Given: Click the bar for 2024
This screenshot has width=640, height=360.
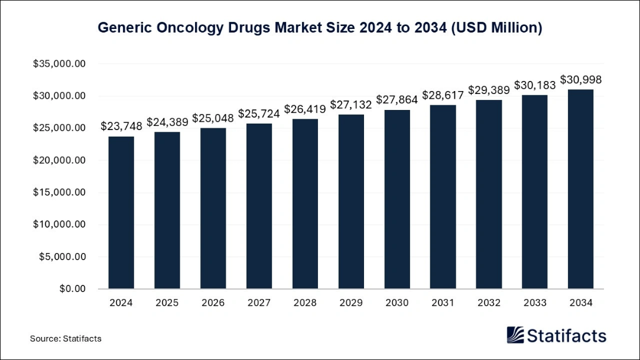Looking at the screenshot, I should [121, 213].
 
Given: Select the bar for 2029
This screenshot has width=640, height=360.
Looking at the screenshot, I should [351, 202].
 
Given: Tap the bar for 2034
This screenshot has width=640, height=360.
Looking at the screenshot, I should [581, 189].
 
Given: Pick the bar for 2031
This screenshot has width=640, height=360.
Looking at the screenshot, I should [443, 197].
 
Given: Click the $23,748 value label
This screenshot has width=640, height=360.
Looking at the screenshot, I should [121, 126].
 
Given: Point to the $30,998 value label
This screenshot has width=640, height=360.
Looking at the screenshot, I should [581, 79].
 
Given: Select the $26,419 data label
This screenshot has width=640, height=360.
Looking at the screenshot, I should [305, 109].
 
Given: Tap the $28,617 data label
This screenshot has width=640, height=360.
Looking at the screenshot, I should [443, 95].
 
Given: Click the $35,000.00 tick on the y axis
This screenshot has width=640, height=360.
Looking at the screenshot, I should [60, 64].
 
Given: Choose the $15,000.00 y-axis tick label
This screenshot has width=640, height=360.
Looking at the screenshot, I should [60, 193].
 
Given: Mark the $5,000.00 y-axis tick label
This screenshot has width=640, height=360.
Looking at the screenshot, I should [62, 257].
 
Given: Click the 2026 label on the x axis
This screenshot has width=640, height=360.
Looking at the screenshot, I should [213, 303].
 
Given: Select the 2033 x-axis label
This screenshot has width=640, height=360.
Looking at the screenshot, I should [535, 303].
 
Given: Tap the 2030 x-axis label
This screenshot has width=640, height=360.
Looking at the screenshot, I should [397, 303].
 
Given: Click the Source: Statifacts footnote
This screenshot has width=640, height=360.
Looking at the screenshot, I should [66, 339].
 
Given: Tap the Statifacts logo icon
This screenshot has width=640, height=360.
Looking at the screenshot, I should [515, 335].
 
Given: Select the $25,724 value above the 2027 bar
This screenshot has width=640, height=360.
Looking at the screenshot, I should [259, 113].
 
